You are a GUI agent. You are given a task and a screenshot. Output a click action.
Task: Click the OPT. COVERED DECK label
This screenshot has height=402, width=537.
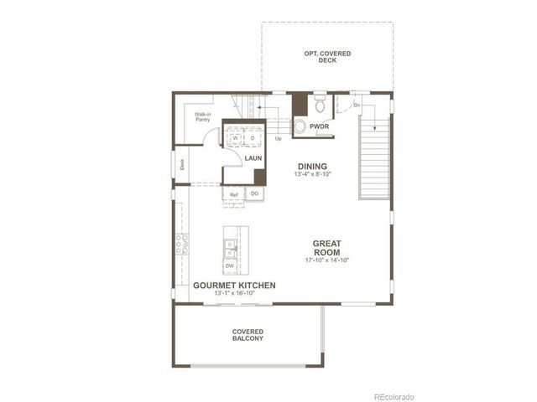tap(327, 57)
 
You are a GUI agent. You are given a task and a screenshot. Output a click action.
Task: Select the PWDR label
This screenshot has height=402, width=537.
tap(319, 126)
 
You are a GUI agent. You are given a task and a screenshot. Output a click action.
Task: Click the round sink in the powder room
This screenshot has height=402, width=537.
tap(300, 126)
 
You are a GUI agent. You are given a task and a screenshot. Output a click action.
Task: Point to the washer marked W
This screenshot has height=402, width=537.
tap(237, 138)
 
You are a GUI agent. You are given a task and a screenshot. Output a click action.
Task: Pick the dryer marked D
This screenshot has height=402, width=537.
tap(252, 138)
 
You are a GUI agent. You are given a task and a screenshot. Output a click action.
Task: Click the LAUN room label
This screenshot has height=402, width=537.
tap(253, 157)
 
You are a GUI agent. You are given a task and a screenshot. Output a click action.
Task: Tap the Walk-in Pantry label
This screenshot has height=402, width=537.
tap(202, 116)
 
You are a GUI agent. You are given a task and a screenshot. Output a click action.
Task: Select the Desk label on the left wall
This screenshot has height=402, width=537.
tap(181, 163)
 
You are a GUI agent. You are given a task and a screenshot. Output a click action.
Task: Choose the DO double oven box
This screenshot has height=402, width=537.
tap(254, 194)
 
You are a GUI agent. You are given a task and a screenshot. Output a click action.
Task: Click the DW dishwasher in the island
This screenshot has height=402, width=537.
tap(229, 265)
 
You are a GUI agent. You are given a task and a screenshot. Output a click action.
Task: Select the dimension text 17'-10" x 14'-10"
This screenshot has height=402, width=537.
tap(326, 260)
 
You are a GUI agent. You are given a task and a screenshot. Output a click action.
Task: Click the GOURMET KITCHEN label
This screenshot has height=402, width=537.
tap(234, 286)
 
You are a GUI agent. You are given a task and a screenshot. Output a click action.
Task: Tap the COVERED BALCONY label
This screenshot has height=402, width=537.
tap(248, 335)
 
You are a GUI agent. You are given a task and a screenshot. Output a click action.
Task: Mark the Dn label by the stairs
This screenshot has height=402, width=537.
tap(357, 106)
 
